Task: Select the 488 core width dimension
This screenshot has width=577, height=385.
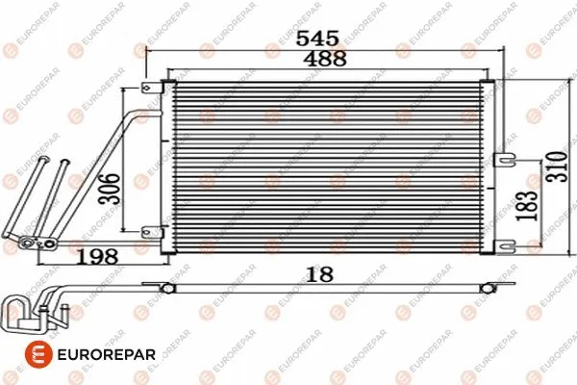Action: click(x=316, y=61)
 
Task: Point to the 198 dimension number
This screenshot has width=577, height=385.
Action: click(x=97, y=258)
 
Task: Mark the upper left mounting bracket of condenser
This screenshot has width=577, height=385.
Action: click(x=151, y=90)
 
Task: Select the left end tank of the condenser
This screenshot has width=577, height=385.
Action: click(x=167, y=168)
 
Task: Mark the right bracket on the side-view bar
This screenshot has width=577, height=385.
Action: click(x=491, y=287)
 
